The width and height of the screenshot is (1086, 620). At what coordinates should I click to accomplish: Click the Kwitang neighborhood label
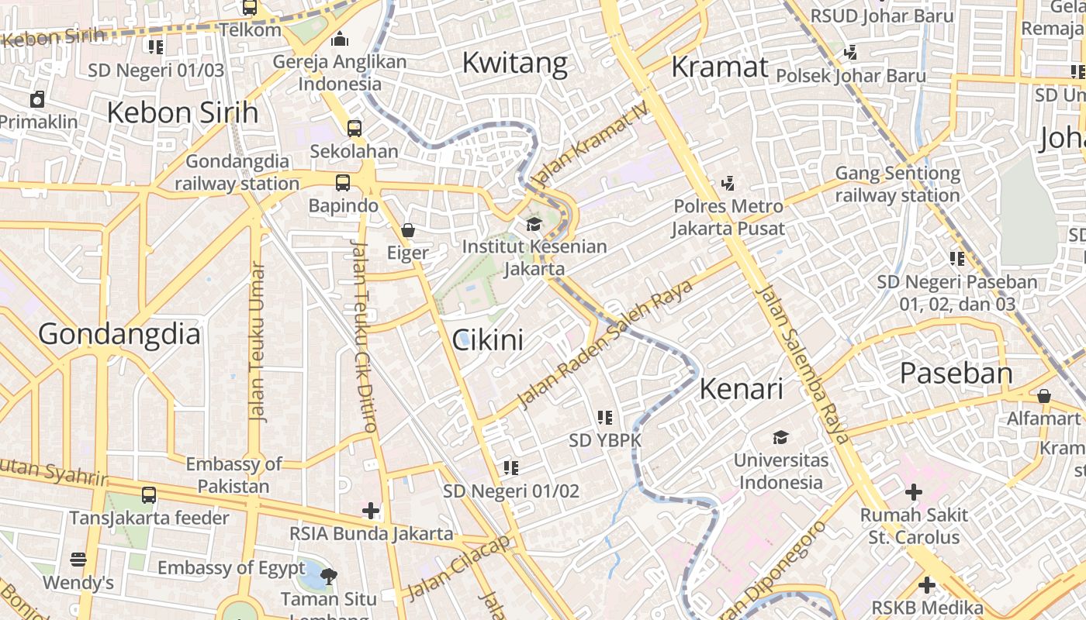point(514,63)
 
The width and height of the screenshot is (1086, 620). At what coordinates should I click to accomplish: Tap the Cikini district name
point(487,339)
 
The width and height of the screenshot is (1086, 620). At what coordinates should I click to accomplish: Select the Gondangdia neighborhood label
point(119,334)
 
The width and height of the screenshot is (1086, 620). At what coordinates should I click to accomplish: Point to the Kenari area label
point(741,388)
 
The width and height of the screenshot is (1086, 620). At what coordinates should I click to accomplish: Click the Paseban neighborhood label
point(956,374)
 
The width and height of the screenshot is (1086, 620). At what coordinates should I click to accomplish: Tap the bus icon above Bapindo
point(342,183)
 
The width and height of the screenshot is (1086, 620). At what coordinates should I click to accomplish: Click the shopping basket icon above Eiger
point(408,230)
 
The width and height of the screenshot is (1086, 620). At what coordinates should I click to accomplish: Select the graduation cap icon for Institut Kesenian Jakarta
point(534,225)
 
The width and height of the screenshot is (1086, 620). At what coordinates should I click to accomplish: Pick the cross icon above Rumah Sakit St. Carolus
point(914,491)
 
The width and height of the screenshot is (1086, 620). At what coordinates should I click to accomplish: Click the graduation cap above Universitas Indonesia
point(780,437)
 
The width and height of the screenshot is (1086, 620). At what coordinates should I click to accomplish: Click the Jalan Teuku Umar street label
point(257,342)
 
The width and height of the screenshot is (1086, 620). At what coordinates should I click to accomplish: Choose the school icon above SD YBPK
point(605,418)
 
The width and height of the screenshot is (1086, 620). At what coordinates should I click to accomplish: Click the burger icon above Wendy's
point(78,560)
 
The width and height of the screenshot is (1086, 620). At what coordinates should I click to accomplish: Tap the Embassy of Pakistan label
point(233,475)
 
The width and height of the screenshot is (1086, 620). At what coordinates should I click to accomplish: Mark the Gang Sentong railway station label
point(898,184)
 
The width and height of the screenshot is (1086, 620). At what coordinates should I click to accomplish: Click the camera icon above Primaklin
point(36,99)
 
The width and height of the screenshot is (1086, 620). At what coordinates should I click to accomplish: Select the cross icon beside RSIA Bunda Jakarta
point(371,511)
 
